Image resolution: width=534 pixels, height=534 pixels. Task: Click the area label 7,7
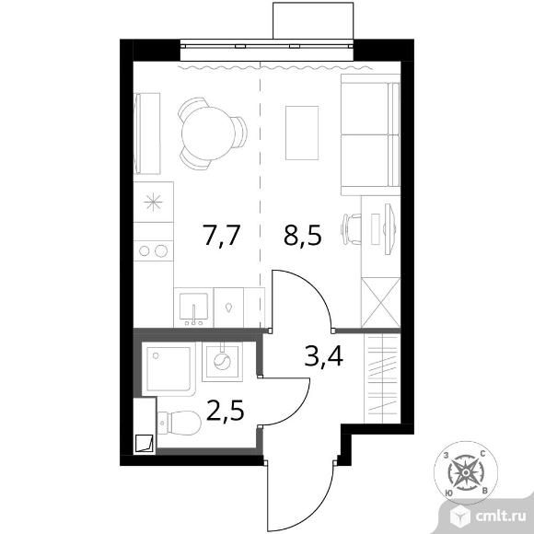pyautogui.click(x=222, y=236)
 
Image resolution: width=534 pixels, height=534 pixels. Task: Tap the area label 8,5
pyautogui.click(x=303, y=236)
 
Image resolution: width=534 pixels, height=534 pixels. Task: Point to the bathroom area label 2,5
pyautogui.click(x=226, y=410)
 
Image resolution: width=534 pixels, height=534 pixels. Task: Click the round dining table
pyautogui.click(x=208, y=133)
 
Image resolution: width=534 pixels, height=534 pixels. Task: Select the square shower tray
pyautogui.click(x=168, y=369)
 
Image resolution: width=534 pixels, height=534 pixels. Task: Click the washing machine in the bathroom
pyautogui.click(x=222, y=361)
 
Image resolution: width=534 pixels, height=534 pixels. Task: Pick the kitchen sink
pyautogui.click(x=193, y=308)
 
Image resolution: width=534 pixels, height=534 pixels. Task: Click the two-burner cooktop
pyautogui.click(x=153, y=251)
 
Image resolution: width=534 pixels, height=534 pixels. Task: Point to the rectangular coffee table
pyautogui.click(x=302, y=133)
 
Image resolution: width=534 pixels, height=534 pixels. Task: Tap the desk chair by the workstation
pyautogui.click(x=351, y=229)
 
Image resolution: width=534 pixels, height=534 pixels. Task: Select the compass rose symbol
pyautogui.click(x=465, y=473)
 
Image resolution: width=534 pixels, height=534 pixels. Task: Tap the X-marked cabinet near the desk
pyautogui.click(x=380, y=302)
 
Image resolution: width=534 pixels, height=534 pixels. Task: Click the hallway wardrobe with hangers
pyautogui.click(x=381, y=378)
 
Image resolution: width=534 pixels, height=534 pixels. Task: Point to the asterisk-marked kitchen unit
pyautogui.click(x=153, y=202)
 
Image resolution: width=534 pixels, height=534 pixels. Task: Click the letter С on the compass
pyautogui.click(x=482, y=453)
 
